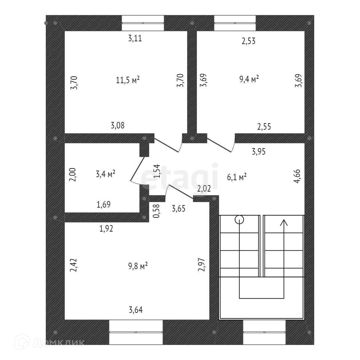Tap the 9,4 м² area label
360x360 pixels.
click(249, 79)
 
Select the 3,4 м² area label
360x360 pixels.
click(106, 174)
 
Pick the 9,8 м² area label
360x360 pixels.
click(138, 266)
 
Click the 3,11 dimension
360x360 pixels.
click(135, 38)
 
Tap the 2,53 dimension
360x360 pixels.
click(249, 41)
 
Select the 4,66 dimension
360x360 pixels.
click(298, 176)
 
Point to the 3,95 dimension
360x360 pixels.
click(259, 151)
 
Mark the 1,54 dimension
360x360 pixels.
click(157, 172)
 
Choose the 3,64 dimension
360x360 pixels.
click(136, 309)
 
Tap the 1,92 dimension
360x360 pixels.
click(106, 229)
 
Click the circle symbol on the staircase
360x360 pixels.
click(239, 220)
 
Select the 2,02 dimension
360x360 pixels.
click(204, 188)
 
